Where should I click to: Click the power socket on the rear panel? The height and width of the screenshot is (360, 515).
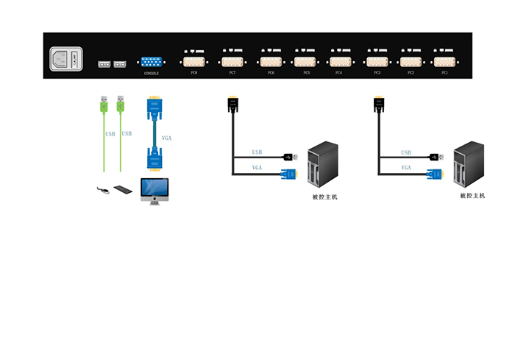[65, 59]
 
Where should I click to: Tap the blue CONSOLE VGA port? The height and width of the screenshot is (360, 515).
[151, 63]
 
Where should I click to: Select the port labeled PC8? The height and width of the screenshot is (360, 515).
[194, 62]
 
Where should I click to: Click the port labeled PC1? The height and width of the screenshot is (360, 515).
[444, 62]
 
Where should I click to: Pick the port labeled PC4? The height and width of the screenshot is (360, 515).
[339, 62]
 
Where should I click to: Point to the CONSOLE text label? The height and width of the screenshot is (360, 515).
[151, 74]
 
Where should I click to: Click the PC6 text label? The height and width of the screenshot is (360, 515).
[271, 74]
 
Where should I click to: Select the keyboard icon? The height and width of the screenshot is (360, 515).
[126, 190]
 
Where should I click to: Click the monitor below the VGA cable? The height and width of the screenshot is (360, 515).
[154, 190]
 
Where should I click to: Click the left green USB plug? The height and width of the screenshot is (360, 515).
[103, 105]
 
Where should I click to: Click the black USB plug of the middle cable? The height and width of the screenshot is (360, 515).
[289, 156]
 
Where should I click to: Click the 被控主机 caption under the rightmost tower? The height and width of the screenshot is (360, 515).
[472, 196]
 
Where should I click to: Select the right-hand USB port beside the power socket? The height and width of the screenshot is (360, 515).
[120, 64]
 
